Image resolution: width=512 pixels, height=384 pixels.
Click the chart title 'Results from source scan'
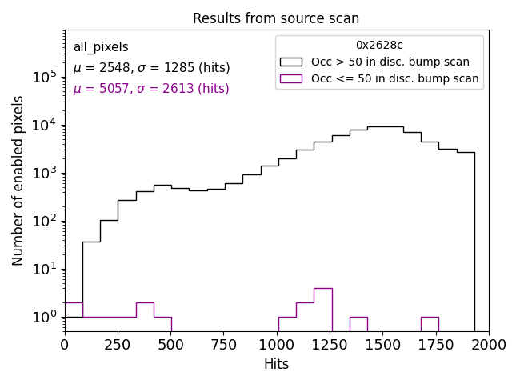point(276,18)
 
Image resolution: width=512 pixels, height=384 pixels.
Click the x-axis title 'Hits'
point(276,364)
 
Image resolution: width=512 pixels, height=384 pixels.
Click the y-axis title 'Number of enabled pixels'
point(18,180)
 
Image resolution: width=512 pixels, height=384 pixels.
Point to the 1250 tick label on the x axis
point(330,344)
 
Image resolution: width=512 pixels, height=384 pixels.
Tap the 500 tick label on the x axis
point(170,344)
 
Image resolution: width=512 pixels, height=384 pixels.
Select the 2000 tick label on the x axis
point(488,344)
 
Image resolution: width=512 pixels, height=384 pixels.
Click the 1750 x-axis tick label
point(435,344)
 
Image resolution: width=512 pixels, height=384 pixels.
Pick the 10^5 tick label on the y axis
point(44,77)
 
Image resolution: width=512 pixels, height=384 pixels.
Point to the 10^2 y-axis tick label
point(44,221)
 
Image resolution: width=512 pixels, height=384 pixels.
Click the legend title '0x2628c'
point(379,46)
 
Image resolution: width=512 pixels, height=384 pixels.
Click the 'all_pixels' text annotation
point(101,47)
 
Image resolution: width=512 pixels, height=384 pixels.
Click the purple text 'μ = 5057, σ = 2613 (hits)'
point(151,89)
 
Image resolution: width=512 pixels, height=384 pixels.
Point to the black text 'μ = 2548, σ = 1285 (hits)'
point(151,68)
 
